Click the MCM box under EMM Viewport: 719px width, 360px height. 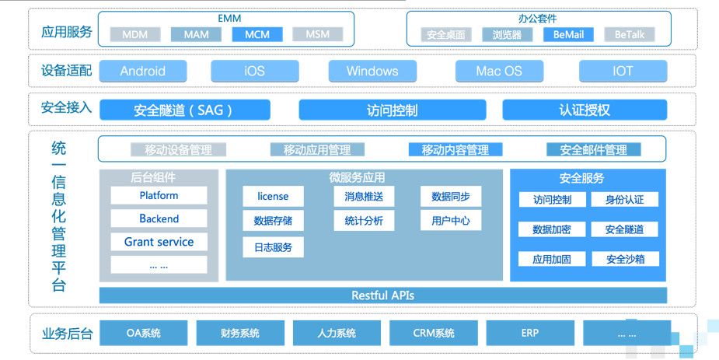[x=257, y=34]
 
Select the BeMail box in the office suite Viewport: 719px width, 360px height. [x=568, y=34]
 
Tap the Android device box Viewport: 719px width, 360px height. [x=142, y=71]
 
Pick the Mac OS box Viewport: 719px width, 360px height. [x=499, y=71]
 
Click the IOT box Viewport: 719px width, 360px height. [x=623, y=71]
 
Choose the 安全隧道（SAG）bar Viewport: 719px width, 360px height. [x=184, y=110]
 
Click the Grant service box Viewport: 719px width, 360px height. [x=159, y=242]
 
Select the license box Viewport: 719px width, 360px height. [x=273, y=197]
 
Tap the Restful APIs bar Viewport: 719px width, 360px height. [x=382, y=295]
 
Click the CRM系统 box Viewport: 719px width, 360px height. [x=433, y=334]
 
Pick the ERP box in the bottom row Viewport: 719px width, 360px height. [x=529, y=334]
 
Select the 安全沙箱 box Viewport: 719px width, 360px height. [x=624, y=259]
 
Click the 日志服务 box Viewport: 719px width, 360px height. [x=273, y=248]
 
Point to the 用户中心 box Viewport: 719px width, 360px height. [x=450, y=221]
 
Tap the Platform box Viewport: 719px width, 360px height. [x=159, y=196]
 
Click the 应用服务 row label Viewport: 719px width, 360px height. [x=66, y=32]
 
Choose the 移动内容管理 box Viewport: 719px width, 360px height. [x=455, y=149]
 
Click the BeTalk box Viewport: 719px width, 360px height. [x=629, y=34]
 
